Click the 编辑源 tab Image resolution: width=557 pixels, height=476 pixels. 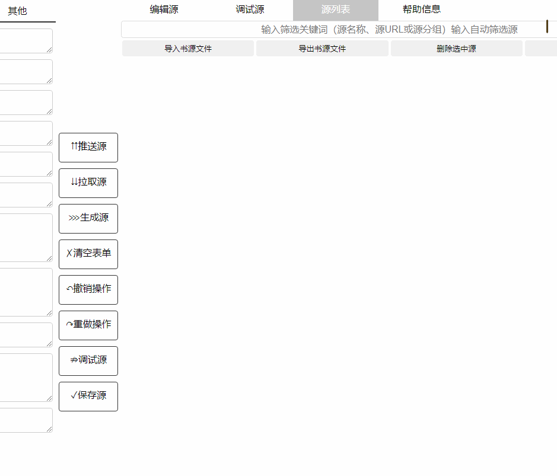point(164,9)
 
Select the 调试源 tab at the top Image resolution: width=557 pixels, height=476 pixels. point(250,9)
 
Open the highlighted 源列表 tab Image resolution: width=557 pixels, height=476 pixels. point(335,9)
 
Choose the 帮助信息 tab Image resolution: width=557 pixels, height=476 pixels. point(421,9)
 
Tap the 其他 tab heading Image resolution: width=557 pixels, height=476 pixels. point(17,11)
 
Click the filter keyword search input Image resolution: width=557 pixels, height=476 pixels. point(332,30)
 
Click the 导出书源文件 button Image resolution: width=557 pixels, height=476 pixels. point(322,49)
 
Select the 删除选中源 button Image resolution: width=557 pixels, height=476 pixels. point(456,49)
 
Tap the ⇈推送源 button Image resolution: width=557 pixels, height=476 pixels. point(88,147)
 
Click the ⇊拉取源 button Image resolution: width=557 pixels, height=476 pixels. point(88,183)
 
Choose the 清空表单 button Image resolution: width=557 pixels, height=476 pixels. point(88,254)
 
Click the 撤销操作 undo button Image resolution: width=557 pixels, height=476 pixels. point(88,289)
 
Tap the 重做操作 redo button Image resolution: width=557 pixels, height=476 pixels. point(88,325)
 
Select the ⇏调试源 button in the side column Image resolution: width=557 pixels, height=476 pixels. point(88,360)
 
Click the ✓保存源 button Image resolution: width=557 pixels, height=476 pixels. point(88,396)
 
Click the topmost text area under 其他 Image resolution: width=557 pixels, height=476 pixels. point(26,41)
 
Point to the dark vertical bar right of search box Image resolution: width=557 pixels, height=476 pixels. point(547,27)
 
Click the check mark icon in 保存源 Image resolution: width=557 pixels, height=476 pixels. point(74,396)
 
